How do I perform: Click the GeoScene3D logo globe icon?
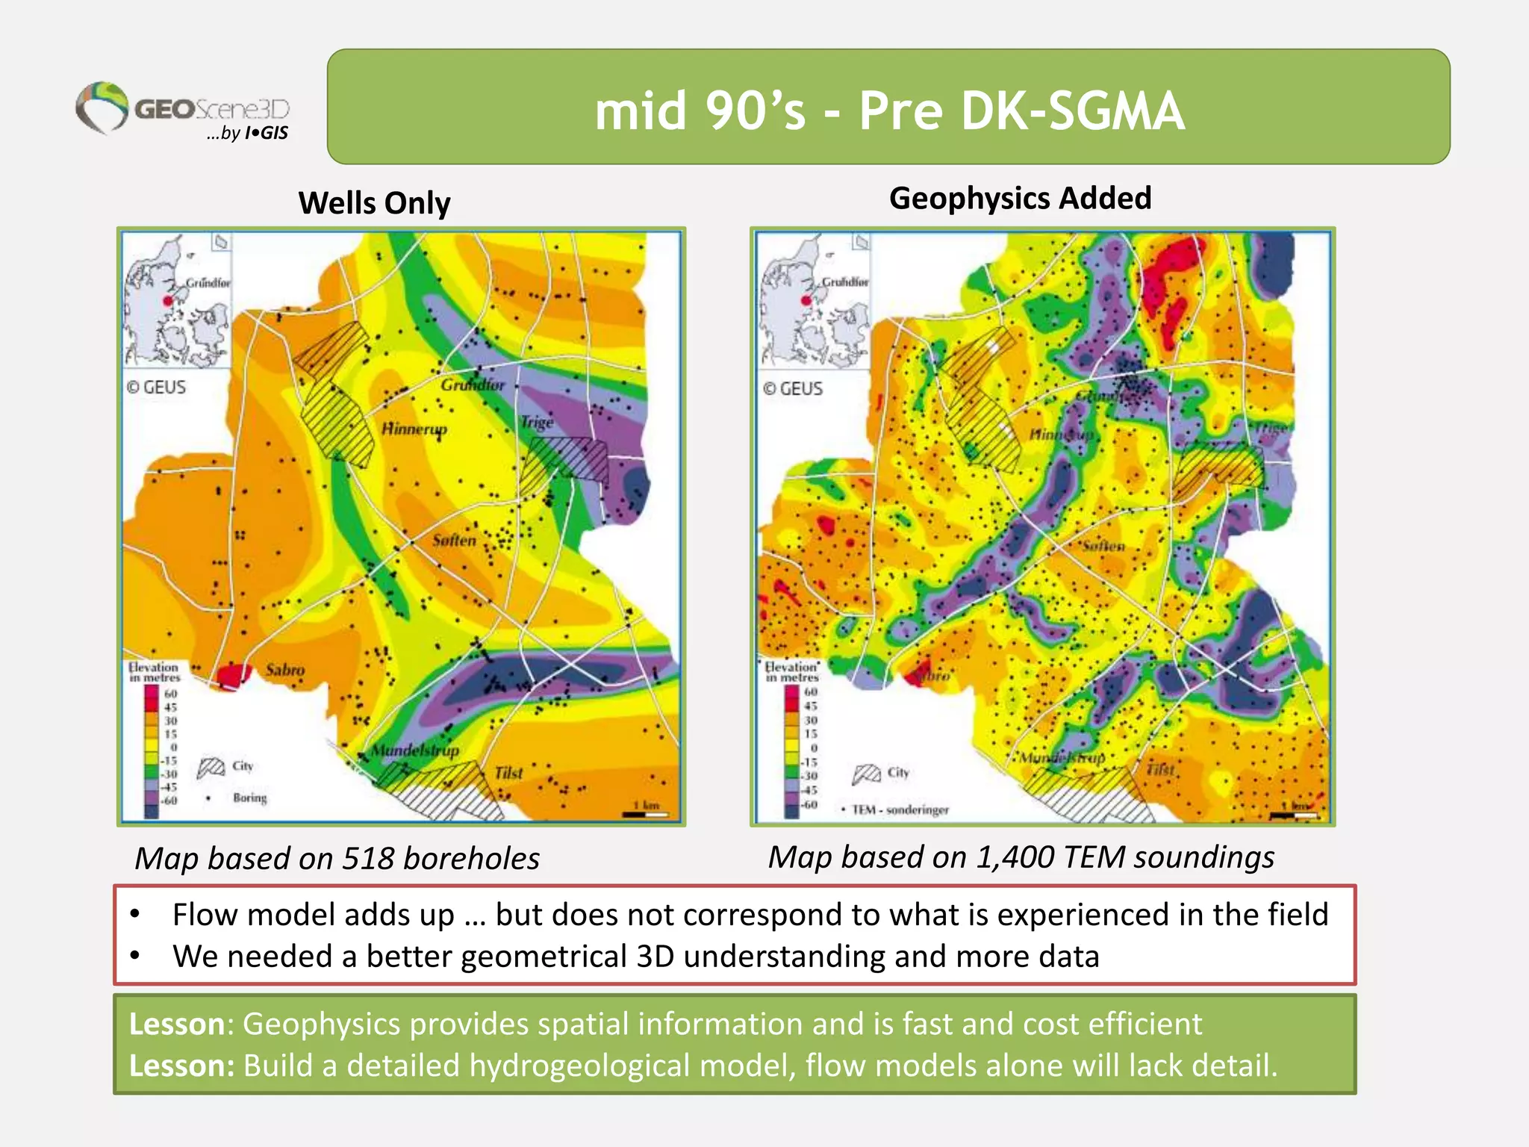click(103, 107)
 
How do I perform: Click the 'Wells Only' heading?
click(374, 203)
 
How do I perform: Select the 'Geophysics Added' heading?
click(1020, 199)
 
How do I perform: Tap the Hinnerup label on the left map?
click(414, 429)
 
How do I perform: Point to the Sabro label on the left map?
click(285, 670)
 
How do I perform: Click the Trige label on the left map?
click(537, 422)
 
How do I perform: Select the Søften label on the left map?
click(454, 540)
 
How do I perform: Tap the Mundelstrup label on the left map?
click(415, 750)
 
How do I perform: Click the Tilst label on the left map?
click(508, 774)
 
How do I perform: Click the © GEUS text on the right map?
click(793, 389)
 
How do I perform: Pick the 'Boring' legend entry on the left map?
click(249, 798)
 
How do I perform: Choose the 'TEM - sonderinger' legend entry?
click(900, 810)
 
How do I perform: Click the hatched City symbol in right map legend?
click(866, 774)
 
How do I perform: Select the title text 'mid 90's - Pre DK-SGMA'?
click(888, 111)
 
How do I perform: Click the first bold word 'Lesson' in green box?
click(176, 1024)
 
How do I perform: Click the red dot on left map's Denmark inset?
click(168, 301)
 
